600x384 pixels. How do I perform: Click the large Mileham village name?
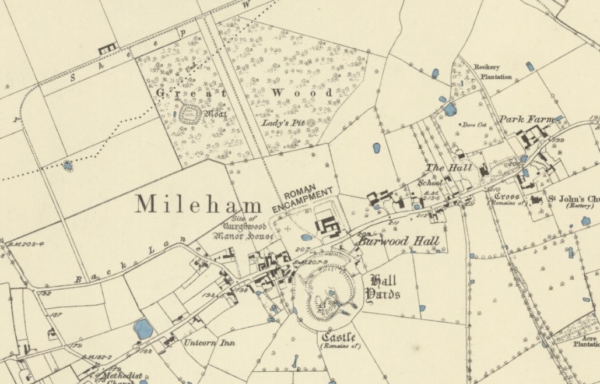point(199,205)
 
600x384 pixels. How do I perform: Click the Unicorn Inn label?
point(209,343)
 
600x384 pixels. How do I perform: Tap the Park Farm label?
point(525,119)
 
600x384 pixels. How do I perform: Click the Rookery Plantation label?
point(493,72)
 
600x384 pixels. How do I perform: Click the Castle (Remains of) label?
point(341,341)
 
